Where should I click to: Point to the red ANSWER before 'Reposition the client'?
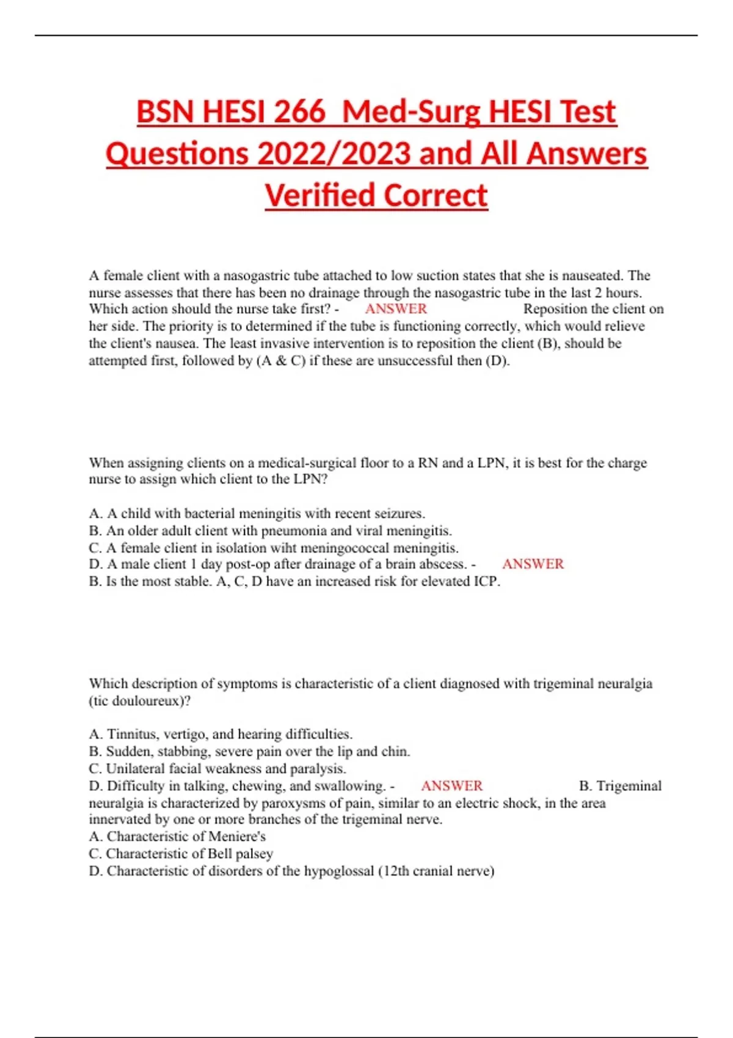[x=396, y=309]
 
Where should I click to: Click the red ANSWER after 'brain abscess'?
[x=533, y=564]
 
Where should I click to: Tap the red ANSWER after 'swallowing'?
[x=451, y=786]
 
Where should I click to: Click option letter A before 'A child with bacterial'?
[x=94, y=514]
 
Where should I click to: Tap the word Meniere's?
[x=237, y=837]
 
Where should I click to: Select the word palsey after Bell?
[x=254, y=854]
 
